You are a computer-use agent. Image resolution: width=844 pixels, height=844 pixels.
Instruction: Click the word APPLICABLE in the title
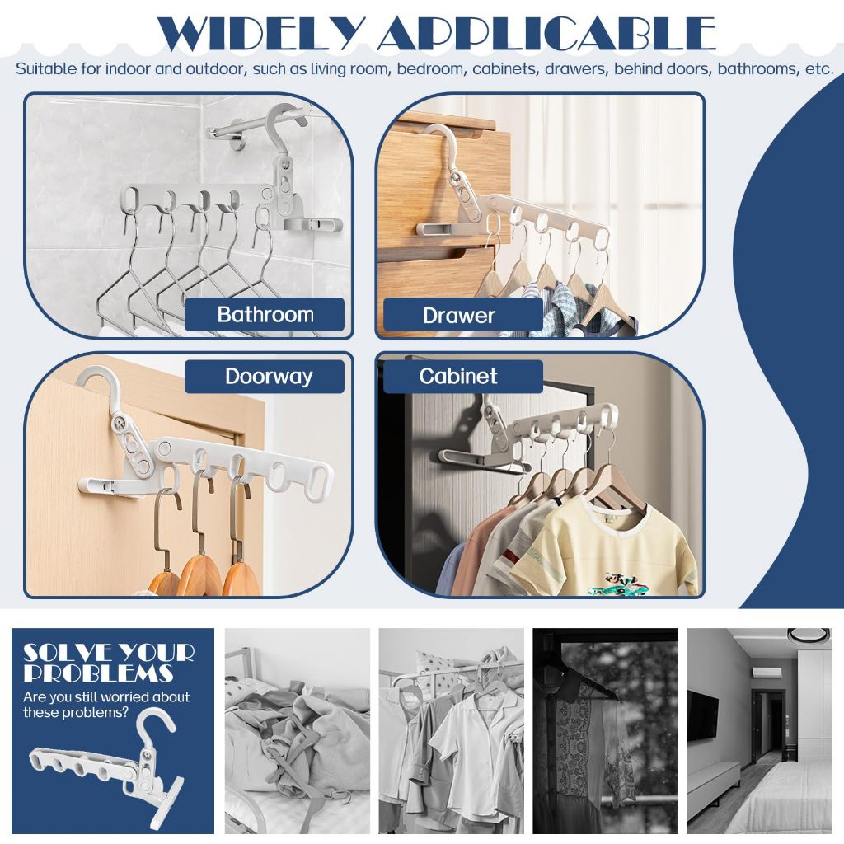point(547,34)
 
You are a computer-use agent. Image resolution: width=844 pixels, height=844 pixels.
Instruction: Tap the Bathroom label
point(265,314)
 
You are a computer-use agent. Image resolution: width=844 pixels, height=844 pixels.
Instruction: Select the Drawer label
point(458,316)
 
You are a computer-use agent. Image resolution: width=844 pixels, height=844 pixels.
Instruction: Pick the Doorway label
point(269,376)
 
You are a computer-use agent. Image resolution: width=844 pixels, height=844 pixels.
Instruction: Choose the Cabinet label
point(458,376)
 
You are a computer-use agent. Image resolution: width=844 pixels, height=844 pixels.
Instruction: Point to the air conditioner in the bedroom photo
point(767,673)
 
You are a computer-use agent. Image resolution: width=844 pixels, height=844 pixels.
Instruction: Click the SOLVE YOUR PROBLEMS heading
point(108,663)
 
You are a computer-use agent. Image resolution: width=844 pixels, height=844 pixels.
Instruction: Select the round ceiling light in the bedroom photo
point(809,635)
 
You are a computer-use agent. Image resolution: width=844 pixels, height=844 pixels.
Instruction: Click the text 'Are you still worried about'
point(106,697)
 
